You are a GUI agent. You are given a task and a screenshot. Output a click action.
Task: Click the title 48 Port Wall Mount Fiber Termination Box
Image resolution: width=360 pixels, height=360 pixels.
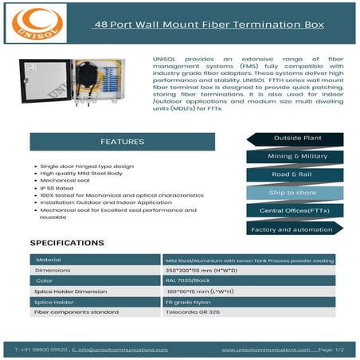pyautogui.click(x=209, y=25)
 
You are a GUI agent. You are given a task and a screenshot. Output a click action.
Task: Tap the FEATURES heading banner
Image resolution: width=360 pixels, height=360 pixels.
pyautogui.click(x=122, y=142)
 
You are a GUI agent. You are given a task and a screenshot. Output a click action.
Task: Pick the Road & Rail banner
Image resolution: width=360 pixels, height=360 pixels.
pyautogui.click(x=292, y=174)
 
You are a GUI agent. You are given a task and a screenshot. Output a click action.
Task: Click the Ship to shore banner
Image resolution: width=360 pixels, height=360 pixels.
pyautogui.click(x=292, y=193)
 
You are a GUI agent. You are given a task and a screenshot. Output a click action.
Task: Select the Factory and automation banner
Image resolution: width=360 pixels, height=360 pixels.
pyautogui.click(x=292, y=229)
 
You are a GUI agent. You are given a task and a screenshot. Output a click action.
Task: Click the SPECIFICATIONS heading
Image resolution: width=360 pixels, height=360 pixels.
pyautogui.click(x=67, y=242)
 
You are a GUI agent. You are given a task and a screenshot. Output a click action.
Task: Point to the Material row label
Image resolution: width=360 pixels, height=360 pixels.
pyautogui.click(x=49, y=260)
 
